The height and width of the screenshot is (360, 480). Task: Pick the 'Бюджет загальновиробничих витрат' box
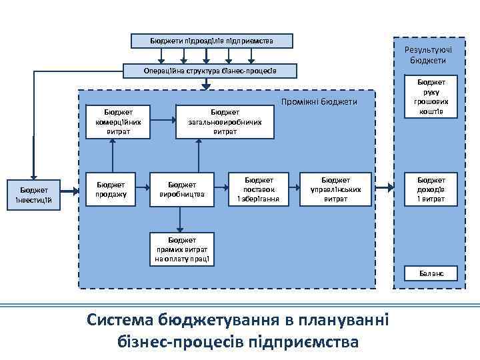pos(225,122)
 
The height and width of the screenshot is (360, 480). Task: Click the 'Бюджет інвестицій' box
pos(33,194)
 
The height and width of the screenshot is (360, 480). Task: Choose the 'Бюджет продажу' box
pos(113,189)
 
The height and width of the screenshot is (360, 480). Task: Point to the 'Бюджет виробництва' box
pos(182,189)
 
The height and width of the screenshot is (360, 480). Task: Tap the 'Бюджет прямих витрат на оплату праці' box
pos(182,249)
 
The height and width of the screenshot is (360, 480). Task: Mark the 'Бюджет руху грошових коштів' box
pos(431,99)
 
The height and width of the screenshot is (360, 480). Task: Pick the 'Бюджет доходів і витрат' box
pos(431,189)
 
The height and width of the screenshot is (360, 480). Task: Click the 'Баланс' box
pos(431,273)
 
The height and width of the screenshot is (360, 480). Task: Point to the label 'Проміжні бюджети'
pos(319,102)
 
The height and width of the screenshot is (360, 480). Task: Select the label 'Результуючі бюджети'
pos(429,55)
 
